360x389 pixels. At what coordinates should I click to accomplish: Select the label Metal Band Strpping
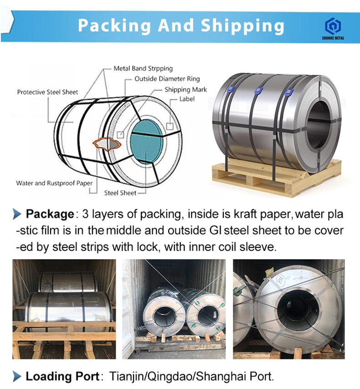[x=143, y=68]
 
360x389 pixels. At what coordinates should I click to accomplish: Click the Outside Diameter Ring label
[x=167, y=79]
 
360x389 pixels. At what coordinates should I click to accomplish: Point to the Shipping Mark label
[x=185, y=89]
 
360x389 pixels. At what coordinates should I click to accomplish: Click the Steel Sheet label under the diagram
[x=120, y=193]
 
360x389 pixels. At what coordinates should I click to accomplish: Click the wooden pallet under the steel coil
[x=273, y=178]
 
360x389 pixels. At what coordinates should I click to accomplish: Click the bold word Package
[x=50, y=214]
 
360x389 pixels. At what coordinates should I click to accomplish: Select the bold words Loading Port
[x=62, y=376]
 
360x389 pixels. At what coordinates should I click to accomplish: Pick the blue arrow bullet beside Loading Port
[x=17, y=376]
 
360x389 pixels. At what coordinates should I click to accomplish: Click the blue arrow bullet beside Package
[x=17, y=214]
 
